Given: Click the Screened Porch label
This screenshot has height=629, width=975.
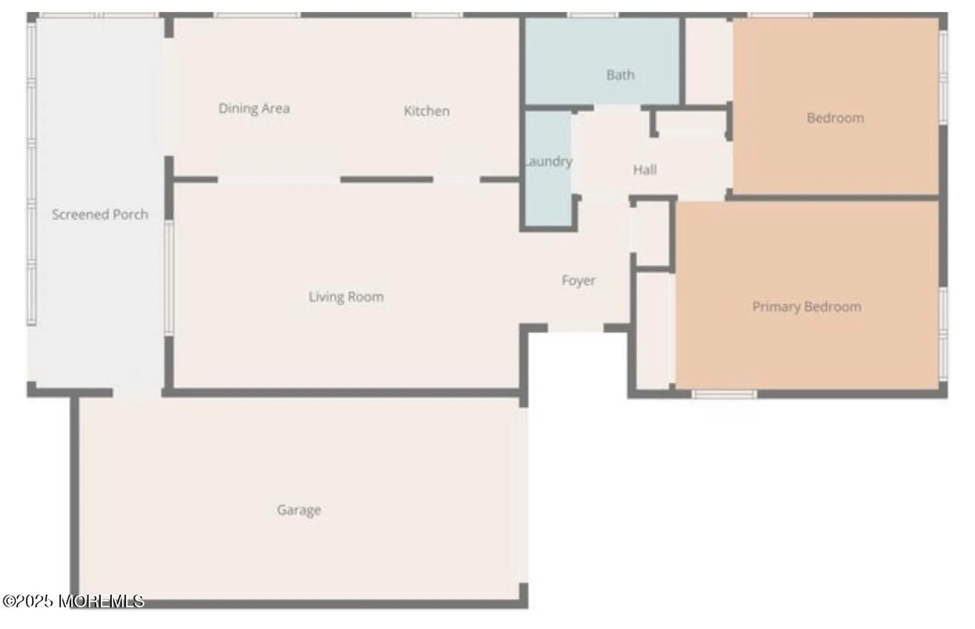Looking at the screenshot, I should point(100,215).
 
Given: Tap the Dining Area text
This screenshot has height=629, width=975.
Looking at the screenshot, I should point(254,108).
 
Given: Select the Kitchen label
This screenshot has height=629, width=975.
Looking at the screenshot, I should point(427,111).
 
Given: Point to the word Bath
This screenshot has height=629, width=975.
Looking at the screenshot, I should point(620,75).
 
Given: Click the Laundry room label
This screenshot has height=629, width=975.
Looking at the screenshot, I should point(548,161).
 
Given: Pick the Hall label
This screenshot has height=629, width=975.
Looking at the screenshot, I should point(644,170).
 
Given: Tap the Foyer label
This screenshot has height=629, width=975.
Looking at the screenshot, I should point(579,280).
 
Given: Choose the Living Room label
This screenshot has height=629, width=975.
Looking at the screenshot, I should point(346,296).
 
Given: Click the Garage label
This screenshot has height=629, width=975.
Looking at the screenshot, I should point(299,510).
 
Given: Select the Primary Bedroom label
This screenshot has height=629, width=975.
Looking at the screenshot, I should point(807,307).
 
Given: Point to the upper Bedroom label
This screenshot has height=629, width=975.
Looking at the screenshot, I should point(835,118).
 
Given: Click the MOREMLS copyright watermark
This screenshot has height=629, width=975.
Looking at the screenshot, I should point(73,601).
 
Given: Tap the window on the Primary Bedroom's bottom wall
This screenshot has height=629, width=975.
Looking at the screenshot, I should point(724,394).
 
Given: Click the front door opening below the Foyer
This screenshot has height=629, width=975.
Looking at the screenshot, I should point(576,328).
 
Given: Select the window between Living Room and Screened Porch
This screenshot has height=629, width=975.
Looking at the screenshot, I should point(169,278).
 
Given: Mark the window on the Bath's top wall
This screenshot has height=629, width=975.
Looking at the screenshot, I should point(593,15).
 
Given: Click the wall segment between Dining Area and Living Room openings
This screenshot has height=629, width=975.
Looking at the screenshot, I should point(387,179).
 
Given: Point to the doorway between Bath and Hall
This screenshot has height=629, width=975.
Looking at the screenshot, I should point(617,107).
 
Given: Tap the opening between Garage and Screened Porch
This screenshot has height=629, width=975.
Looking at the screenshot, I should point(137,393).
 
